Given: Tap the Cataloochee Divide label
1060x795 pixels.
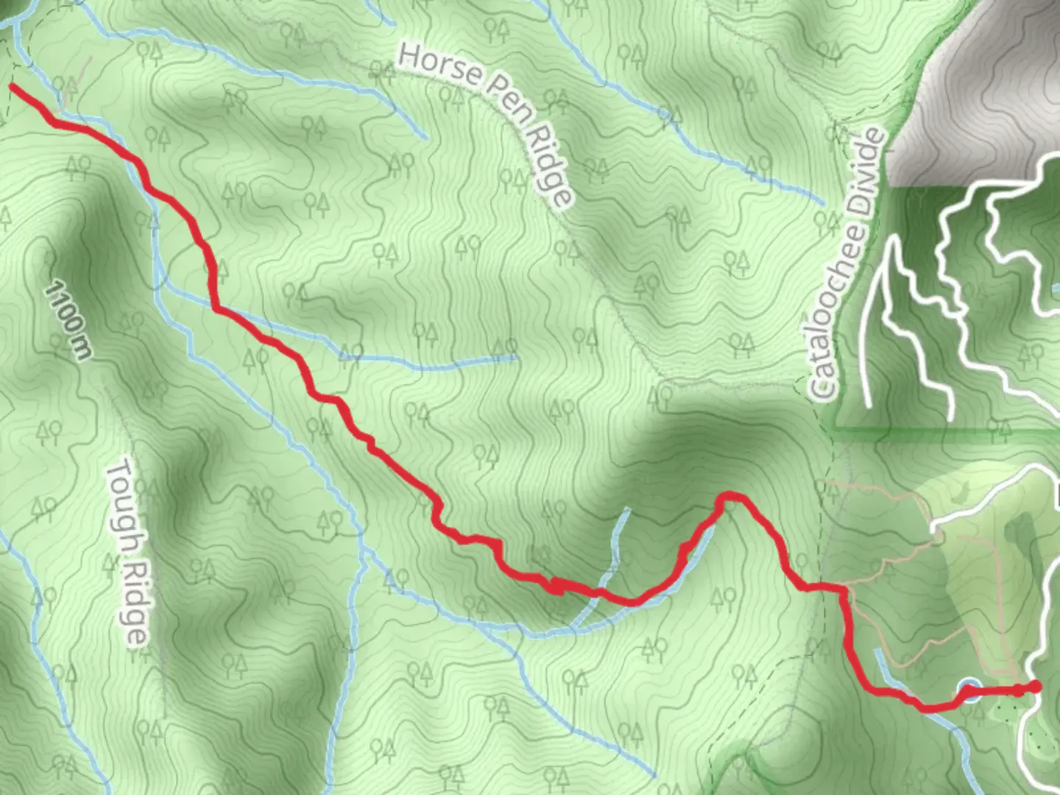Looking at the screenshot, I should [x=846, y=265].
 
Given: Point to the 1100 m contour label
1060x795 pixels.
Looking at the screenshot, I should [x=68, y=320].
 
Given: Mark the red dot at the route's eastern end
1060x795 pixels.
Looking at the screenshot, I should [x=1036, y=687].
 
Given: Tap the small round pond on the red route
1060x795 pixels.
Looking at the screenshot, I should [x=969, y=690].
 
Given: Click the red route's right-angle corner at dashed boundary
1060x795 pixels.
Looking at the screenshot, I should [x=841, y=588].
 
